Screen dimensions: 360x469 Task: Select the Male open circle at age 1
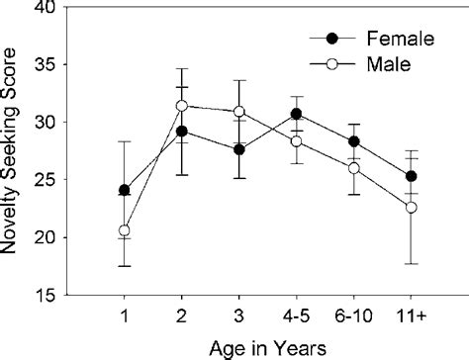tap(124, 230)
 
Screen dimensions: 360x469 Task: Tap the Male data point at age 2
tap(181, 106)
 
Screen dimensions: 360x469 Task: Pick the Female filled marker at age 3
tap(238, 149)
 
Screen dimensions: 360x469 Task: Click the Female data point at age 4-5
tap(296, 114)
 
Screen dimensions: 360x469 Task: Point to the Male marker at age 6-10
tap(353, 168)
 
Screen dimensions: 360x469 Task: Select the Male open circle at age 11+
tap(411, 207)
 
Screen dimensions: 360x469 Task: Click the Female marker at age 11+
tap(411, 176)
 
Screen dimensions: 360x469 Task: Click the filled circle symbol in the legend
tap(331, 40)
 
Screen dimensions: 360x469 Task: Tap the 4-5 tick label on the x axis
tap(296, 314)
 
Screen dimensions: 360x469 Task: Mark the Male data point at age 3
tap(238, 112)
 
